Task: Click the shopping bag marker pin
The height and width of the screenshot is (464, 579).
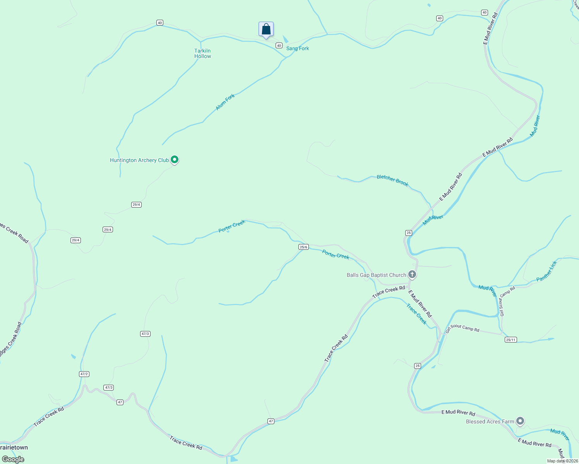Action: click(266, 29)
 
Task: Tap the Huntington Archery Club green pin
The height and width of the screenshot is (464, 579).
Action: click(175, 159)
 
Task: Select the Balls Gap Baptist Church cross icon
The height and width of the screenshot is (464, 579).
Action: click(412, 275)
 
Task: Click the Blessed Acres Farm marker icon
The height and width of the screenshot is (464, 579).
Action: click(521, 421)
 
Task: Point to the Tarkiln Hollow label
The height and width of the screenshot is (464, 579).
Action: click(202, 53)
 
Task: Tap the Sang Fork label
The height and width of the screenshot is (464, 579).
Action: click(298, 48)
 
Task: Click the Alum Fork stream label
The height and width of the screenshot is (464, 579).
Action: click(225, 102)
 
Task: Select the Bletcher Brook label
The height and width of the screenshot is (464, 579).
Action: click(392, 181)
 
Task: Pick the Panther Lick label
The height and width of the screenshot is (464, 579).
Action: click(546, 271)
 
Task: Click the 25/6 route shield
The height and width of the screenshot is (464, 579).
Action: click(303, 247)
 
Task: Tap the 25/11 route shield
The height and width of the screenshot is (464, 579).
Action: click(510, 339)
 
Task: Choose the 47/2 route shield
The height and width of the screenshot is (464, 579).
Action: click(84, 374)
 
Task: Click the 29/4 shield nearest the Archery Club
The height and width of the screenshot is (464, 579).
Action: click(136, 205)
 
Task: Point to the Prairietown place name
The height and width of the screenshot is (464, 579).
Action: click(14, 447)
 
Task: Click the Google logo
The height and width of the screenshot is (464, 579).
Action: click(13, 459)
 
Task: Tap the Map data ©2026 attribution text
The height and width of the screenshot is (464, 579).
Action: click(562, 461)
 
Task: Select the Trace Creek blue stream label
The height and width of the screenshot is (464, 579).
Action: click(416, 314)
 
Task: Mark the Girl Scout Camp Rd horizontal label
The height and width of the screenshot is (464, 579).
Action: click(463, 328)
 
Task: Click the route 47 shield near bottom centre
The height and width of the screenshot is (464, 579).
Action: click(271, 421)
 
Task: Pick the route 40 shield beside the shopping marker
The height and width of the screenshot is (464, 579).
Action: click(279, 46)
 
